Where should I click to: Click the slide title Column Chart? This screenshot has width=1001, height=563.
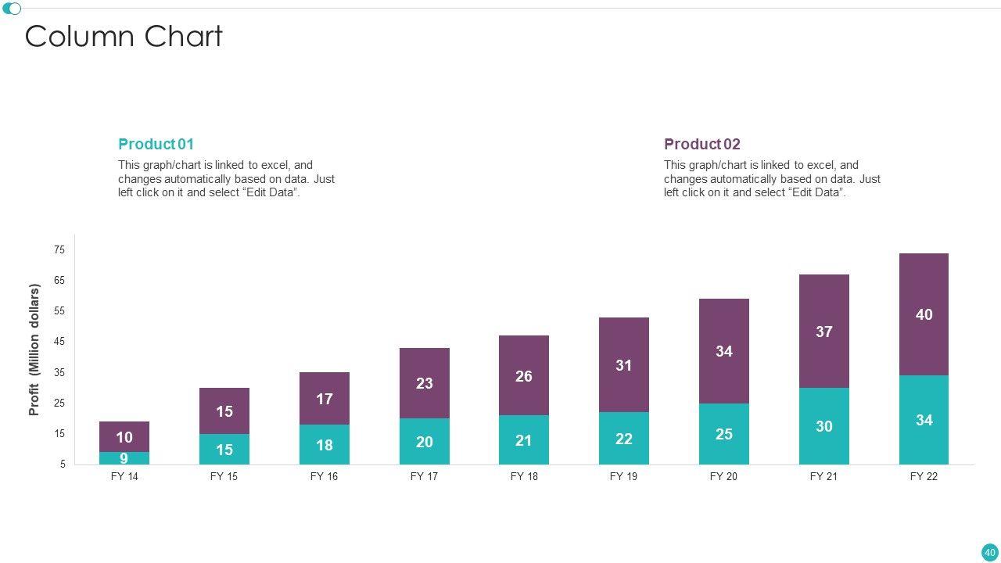pos(124,37)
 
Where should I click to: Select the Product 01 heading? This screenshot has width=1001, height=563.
pos(156,144)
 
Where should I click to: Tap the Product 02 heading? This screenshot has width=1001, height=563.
pos(701,144)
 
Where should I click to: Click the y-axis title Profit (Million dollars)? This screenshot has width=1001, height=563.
pos(34,350)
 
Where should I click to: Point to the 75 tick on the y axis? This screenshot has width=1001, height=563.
pos(59,249)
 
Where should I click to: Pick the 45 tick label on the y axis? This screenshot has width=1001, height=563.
pos(59,342)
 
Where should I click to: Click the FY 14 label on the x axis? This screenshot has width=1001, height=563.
pos(124,476)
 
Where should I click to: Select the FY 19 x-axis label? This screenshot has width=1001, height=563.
pos(623,476)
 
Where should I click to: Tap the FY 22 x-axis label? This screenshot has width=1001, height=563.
pos(924,476)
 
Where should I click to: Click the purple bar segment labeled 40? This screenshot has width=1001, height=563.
pos(924,314)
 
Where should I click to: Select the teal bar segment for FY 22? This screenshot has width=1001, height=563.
pos(924,420)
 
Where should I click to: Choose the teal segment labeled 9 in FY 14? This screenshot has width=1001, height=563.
pos(124,458)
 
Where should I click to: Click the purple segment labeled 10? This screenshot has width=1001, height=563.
pos(124,437)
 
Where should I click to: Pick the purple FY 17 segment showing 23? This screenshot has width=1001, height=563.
pos(424,383)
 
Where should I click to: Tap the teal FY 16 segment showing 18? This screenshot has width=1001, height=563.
pos(324,445)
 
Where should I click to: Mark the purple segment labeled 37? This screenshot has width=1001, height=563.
pos(823,332)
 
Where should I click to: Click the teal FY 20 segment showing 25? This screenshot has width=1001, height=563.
pos(723,434)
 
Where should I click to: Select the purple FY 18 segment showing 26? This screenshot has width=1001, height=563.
pos(524,376)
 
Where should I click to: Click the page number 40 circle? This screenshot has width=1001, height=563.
pos(989,552)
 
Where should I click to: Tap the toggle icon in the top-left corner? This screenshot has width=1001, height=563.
pos(12,9)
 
